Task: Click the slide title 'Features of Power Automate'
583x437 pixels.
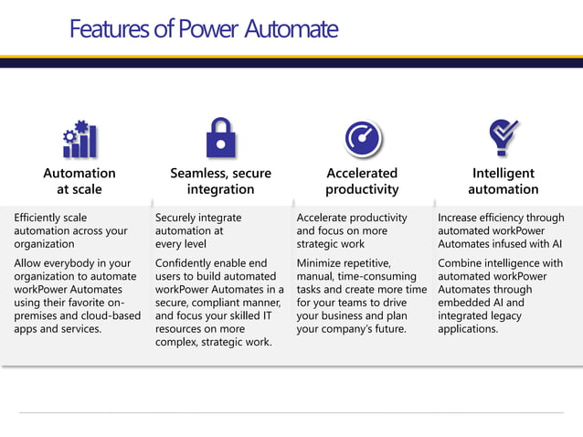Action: pos(203,29)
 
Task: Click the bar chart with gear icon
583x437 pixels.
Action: pos(79,139)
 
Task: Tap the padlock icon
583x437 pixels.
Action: pos(220,138)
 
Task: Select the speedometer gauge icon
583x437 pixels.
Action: pos(362,139)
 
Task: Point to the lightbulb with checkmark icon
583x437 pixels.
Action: pos(503,138)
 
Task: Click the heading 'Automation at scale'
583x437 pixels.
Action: pos(79,181)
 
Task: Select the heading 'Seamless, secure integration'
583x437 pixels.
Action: pos(220,181)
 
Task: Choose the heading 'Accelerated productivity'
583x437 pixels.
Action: pos(362,181)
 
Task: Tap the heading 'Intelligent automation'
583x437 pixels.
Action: pos(503,181)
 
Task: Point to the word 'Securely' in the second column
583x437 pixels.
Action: pos(179,218)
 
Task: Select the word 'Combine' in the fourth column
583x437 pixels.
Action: pos(462,263)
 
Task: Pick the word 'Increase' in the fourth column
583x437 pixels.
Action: pos(461,218)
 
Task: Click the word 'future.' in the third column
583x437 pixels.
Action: pos(387,328)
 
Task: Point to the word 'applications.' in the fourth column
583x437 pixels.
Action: pos(468,328)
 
